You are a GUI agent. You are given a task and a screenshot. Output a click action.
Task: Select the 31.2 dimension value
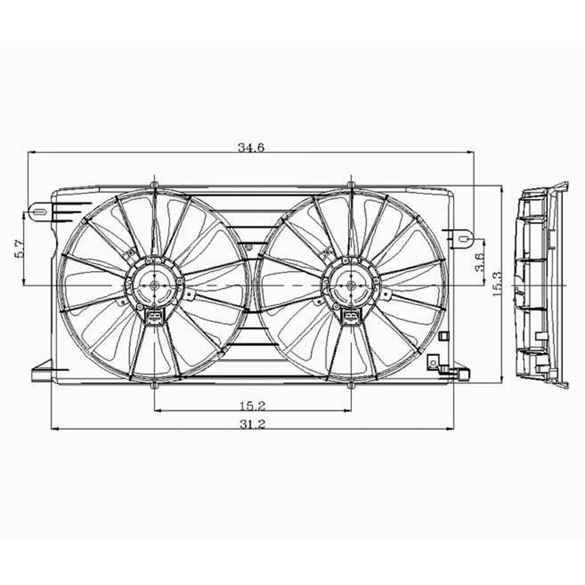tap(251, 424)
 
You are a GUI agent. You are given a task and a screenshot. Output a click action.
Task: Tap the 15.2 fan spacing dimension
tap(252, 406)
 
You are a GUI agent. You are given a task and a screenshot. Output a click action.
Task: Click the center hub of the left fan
tap(154, 286)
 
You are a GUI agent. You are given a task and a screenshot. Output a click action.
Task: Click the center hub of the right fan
tap(351, 286)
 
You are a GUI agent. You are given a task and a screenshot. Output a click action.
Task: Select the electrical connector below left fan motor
tap(153, 318)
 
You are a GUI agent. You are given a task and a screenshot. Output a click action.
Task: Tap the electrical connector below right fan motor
tap(351, 318)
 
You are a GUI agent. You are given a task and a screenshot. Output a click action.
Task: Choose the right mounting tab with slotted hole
tap(463, 238)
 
